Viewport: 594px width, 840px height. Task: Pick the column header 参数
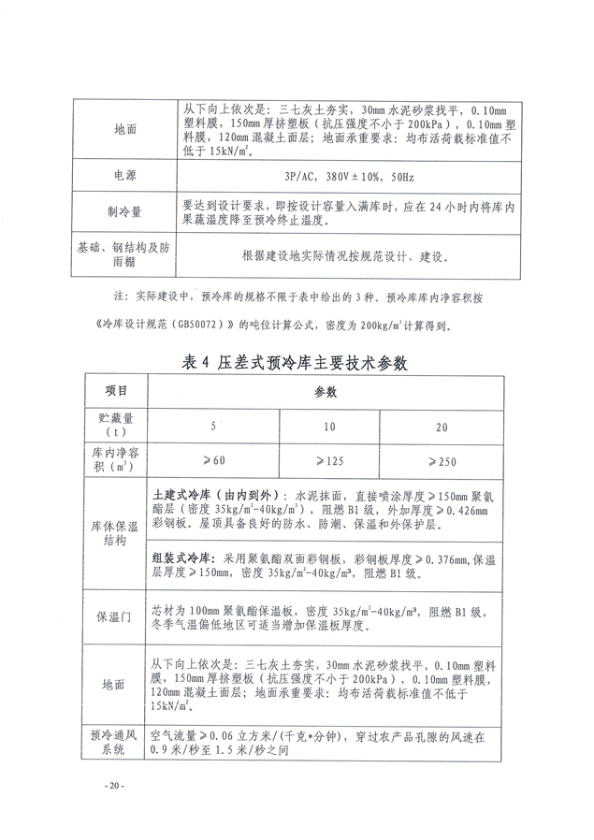(x=325, y=392)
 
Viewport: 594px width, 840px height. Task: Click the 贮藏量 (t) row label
(x=116, y=425)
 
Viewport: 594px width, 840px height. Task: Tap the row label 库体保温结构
(x=116, y=532)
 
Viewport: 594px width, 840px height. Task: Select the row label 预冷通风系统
(x=116, y=743)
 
